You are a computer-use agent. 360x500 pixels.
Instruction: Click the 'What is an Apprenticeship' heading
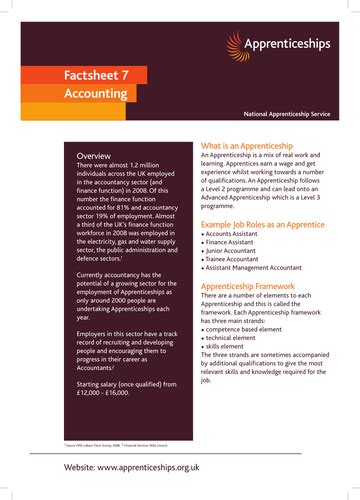tap(257, 144)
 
